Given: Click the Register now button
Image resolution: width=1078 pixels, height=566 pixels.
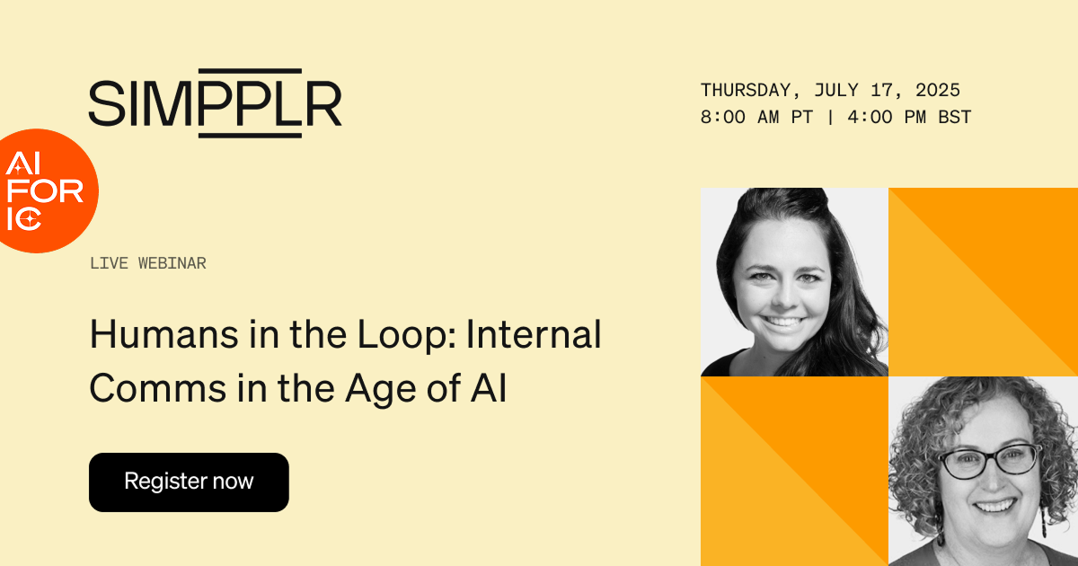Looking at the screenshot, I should [x=189, y=482].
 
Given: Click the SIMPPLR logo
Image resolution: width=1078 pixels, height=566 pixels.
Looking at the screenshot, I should [x=215, y=102].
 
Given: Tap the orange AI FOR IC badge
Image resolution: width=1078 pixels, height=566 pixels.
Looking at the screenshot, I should [x=45, y=190].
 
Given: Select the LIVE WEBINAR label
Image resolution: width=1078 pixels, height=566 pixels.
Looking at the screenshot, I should [x=148, y=263].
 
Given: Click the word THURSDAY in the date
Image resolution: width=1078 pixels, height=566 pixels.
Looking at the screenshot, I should [x=746, y=90].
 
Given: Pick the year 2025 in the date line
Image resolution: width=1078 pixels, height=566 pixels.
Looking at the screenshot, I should [x=938, y=90].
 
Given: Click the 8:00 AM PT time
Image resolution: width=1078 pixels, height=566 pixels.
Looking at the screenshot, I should [x=755, y=117].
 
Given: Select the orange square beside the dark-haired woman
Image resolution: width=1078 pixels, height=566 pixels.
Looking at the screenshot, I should [x=983, y=281].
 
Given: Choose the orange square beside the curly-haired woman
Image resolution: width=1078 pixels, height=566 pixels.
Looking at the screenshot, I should [x=794, y=471].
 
